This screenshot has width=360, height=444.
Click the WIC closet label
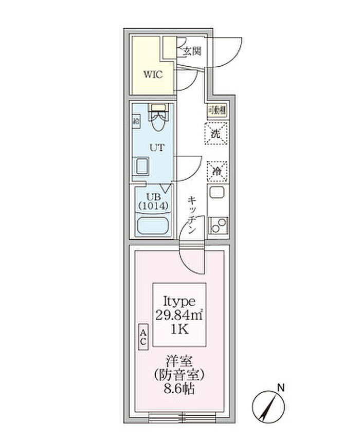point(153,75)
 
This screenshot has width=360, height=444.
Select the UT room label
point(157,148)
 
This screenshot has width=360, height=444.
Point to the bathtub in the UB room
point(154,226)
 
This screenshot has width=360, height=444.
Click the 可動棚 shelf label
point(216,109)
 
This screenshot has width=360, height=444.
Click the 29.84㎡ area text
point(179,314)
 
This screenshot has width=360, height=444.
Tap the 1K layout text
point(179,329)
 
